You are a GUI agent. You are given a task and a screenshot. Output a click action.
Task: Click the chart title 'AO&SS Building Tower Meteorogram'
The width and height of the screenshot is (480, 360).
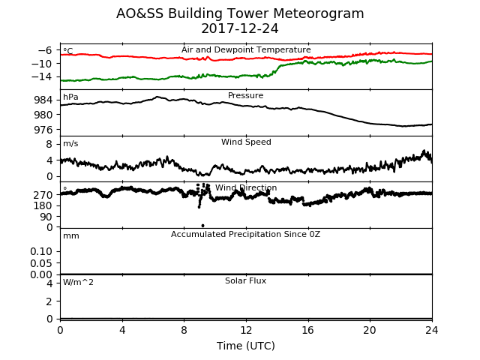pos(240,13)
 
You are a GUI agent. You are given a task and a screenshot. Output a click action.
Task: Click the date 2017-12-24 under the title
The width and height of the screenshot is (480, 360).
pos(240,28)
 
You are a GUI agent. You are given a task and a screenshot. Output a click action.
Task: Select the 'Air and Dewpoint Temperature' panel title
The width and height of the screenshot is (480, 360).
pos(246,50)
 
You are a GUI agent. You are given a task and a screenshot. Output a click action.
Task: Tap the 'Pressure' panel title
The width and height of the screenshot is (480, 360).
pos(245,95)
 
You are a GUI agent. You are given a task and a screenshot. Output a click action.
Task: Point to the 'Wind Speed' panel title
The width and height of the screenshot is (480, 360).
pos(246,142)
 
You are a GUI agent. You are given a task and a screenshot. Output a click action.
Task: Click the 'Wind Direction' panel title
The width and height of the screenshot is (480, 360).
pos(246,187)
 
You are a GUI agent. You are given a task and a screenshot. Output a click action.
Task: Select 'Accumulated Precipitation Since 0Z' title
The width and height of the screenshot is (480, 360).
pos(245,234)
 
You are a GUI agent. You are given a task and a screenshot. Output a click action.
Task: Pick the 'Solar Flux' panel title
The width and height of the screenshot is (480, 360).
pos(245,280)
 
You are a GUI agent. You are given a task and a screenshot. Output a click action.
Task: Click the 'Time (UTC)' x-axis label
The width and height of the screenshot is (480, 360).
pos(246,346)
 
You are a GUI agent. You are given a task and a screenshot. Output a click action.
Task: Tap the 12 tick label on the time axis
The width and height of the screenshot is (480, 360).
pos(246,330)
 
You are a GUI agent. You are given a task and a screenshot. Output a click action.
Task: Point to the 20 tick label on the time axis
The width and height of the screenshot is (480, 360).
pos(370,330)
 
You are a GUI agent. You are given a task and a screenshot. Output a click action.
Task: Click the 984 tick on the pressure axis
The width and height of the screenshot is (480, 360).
pos(43,100)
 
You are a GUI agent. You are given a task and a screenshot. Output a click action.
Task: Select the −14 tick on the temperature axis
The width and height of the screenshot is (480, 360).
pos(42,76)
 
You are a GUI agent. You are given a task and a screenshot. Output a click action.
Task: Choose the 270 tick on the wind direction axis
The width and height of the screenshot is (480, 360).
pos(43,195)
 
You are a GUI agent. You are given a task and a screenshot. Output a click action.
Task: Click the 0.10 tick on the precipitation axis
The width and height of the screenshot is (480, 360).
pos(41,252)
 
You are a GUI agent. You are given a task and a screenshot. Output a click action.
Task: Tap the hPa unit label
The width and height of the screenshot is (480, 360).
pos(70,97)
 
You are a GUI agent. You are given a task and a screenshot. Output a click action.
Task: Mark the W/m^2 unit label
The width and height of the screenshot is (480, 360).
pos(78,282)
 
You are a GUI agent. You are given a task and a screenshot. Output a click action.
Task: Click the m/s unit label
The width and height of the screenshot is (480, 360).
pos(70,143)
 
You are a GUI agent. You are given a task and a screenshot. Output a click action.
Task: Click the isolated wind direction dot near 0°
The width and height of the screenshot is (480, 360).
pos(202,226)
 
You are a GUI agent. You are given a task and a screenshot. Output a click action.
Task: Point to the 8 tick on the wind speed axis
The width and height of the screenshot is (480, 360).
pos(49,144)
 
